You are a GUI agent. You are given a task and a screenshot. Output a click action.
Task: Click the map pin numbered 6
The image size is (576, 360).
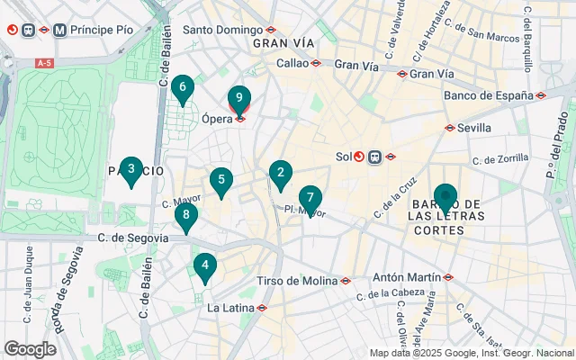[183, 88]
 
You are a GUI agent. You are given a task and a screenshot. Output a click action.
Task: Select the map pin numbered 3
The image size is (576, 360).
[131, 169]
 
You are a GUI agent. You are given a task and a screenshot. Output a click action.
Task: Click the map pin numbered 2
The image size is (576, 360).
[281, 174]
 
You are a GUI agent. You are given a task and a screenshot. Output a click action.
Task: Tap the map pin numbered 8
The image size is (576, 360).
[185, 215]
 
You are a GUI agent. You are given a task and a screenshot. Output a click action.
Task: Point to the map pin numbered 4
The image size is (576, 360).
[205, 266]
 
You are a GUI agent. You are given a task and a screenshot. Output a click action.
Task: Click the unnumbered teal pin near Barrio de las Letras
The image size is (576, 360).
[445, 197]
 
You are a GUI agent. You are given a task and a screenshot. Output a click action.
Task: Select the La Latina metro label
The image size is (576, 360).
[231, 308]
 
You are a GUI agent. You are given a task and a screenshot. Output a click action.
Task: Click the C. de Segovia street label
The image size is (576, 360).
[132, 238]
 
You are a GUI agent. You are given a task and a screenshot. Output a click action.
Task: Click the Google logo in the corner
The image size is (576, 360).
[30, 348]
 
